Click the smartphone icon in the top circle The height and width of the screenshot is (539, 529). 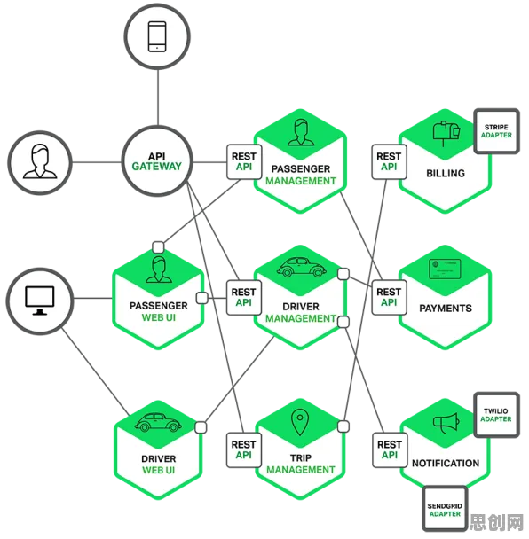[x=157, y=36]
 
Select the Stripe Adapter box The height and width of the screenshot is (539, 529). [x=496, y=131]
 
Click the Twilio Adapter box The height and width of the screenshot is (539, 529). [x=496, y=415]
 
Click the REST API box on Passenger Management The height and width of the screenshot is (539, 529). [x=244, y=161]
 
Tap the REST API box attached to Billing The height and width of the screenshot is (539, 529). [x=389, y=161]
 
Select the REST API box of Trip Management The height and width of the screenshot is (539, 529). [x=244, y=449]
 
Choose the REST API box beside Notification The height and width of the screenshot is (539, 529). [x=390, y=449]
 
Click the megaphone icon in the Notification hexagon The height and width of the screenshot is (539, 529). [x=446, y=423]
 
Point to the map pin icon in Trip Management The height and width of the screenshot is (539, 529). [x=300, y=422]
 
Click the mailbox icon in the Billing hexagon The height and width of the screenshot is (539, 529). [x=446, y=134]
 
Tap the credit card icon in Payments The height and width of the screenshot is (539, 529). [x=445, y=269]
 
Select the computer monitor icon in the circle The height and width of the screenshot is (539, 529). [x=40, y=301]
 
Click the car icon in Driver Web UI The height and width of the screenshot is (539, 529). [x=158, y=422]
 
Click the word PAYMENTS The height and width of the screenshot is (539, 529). [x=446, y=309]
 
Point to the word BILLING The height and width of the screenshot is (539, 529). [x=446, y=173]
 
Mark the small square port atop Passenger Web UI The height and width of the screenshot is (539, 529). [x=158, y=246]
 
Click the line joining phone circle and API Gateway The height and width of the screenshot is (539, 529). [x=158, y=98]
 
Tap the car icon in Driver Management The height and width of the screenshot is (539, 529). [x=301, y=267]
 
